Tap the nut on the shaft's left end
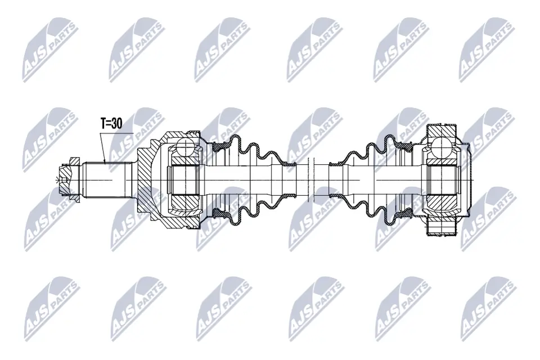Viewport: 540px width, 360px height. tap(68, 179)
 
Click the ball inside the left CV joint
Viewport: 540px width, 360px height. tap(184, 150)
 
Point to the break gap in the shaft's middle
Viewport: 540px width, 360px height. tap(312, 179)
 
